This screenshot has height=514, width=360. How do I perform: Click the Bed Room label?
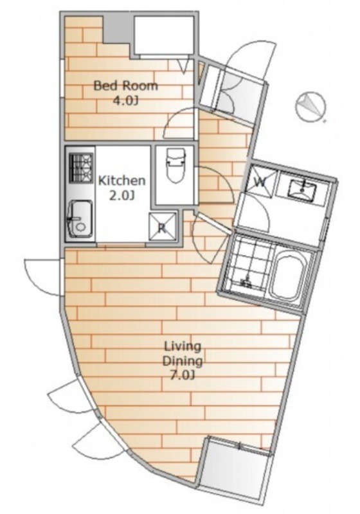(x=125, y=86)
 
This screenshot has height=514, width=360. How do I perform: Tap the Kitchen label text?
(x=122, y=181)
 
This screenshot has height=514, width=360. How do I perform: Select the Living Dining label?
(x=183, y=354)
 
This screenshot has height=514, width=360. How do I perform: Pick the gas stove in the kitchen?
(x=80, y=168)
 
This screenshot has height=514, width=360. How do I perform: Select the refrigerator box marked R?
(x=162, y=227)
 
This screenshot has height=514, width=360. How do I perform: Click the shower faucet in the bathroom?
(x=247, y=281)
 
